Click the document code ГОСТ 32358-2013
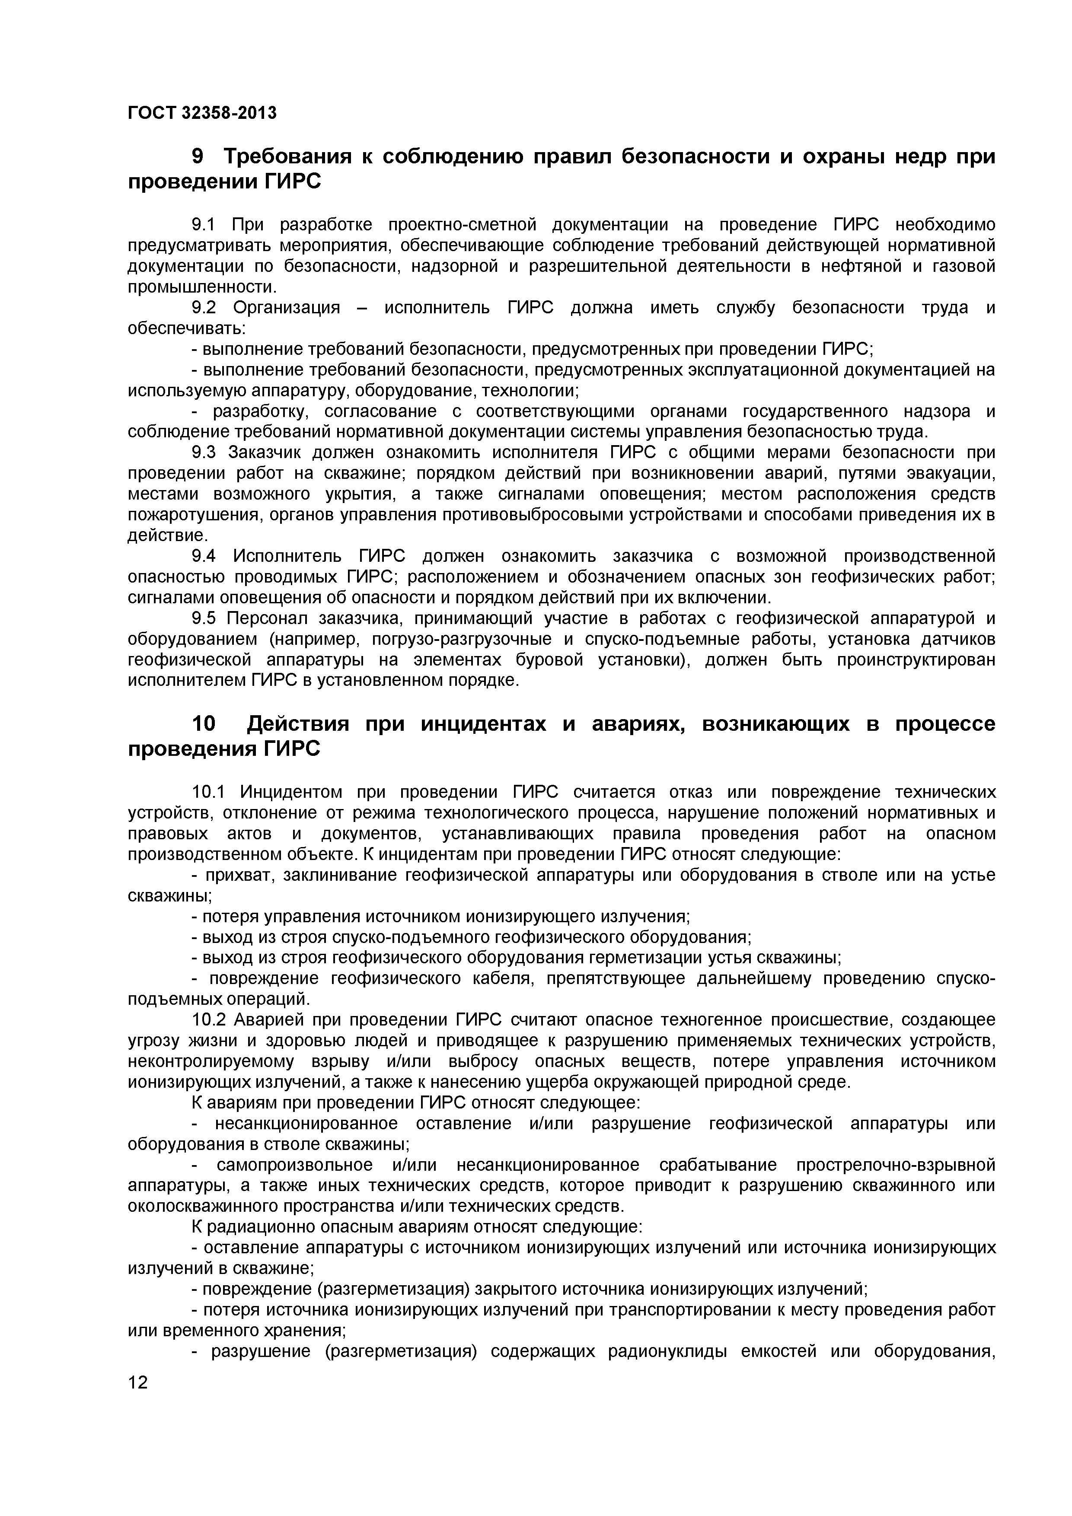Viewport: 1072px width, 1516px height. point(201,114)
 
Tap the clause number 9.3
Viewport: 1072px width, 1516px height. point(204,452)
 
